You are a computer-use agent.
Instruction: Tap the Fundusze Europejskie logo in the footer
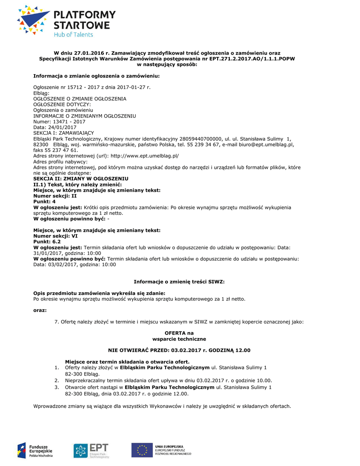35,451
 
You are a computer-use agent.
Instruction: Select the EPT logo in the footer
91,451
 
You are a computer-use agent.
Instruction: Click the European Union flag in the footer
142,450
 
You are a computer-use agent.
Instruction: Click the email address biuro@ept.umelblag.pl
269,144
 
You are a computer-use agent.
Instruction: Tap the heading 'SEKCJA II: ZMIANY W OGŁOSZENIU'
81,178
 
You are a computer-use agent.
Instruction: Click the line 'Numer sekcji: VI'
56,236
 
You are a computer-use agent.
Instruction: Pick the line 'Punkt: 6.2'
47,242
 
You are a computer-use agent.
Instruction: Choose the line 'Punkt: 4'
45,201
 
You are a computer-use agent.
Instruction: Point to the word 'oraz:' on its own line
40,310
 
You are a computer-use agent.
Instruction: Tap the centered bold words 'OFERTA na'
179,333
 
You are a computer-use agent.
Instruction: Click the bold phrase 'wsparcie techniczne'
179,339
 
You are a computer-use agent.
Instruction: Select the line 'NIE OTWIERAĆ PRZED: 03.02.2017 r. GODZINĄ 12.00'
179,350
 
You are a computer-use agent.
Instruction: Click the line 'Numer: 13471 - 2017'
60,122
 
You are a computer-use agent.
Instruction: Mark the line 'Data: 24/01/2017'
55,127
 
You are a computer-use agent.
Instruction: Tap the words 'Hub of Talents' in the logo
73,35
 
